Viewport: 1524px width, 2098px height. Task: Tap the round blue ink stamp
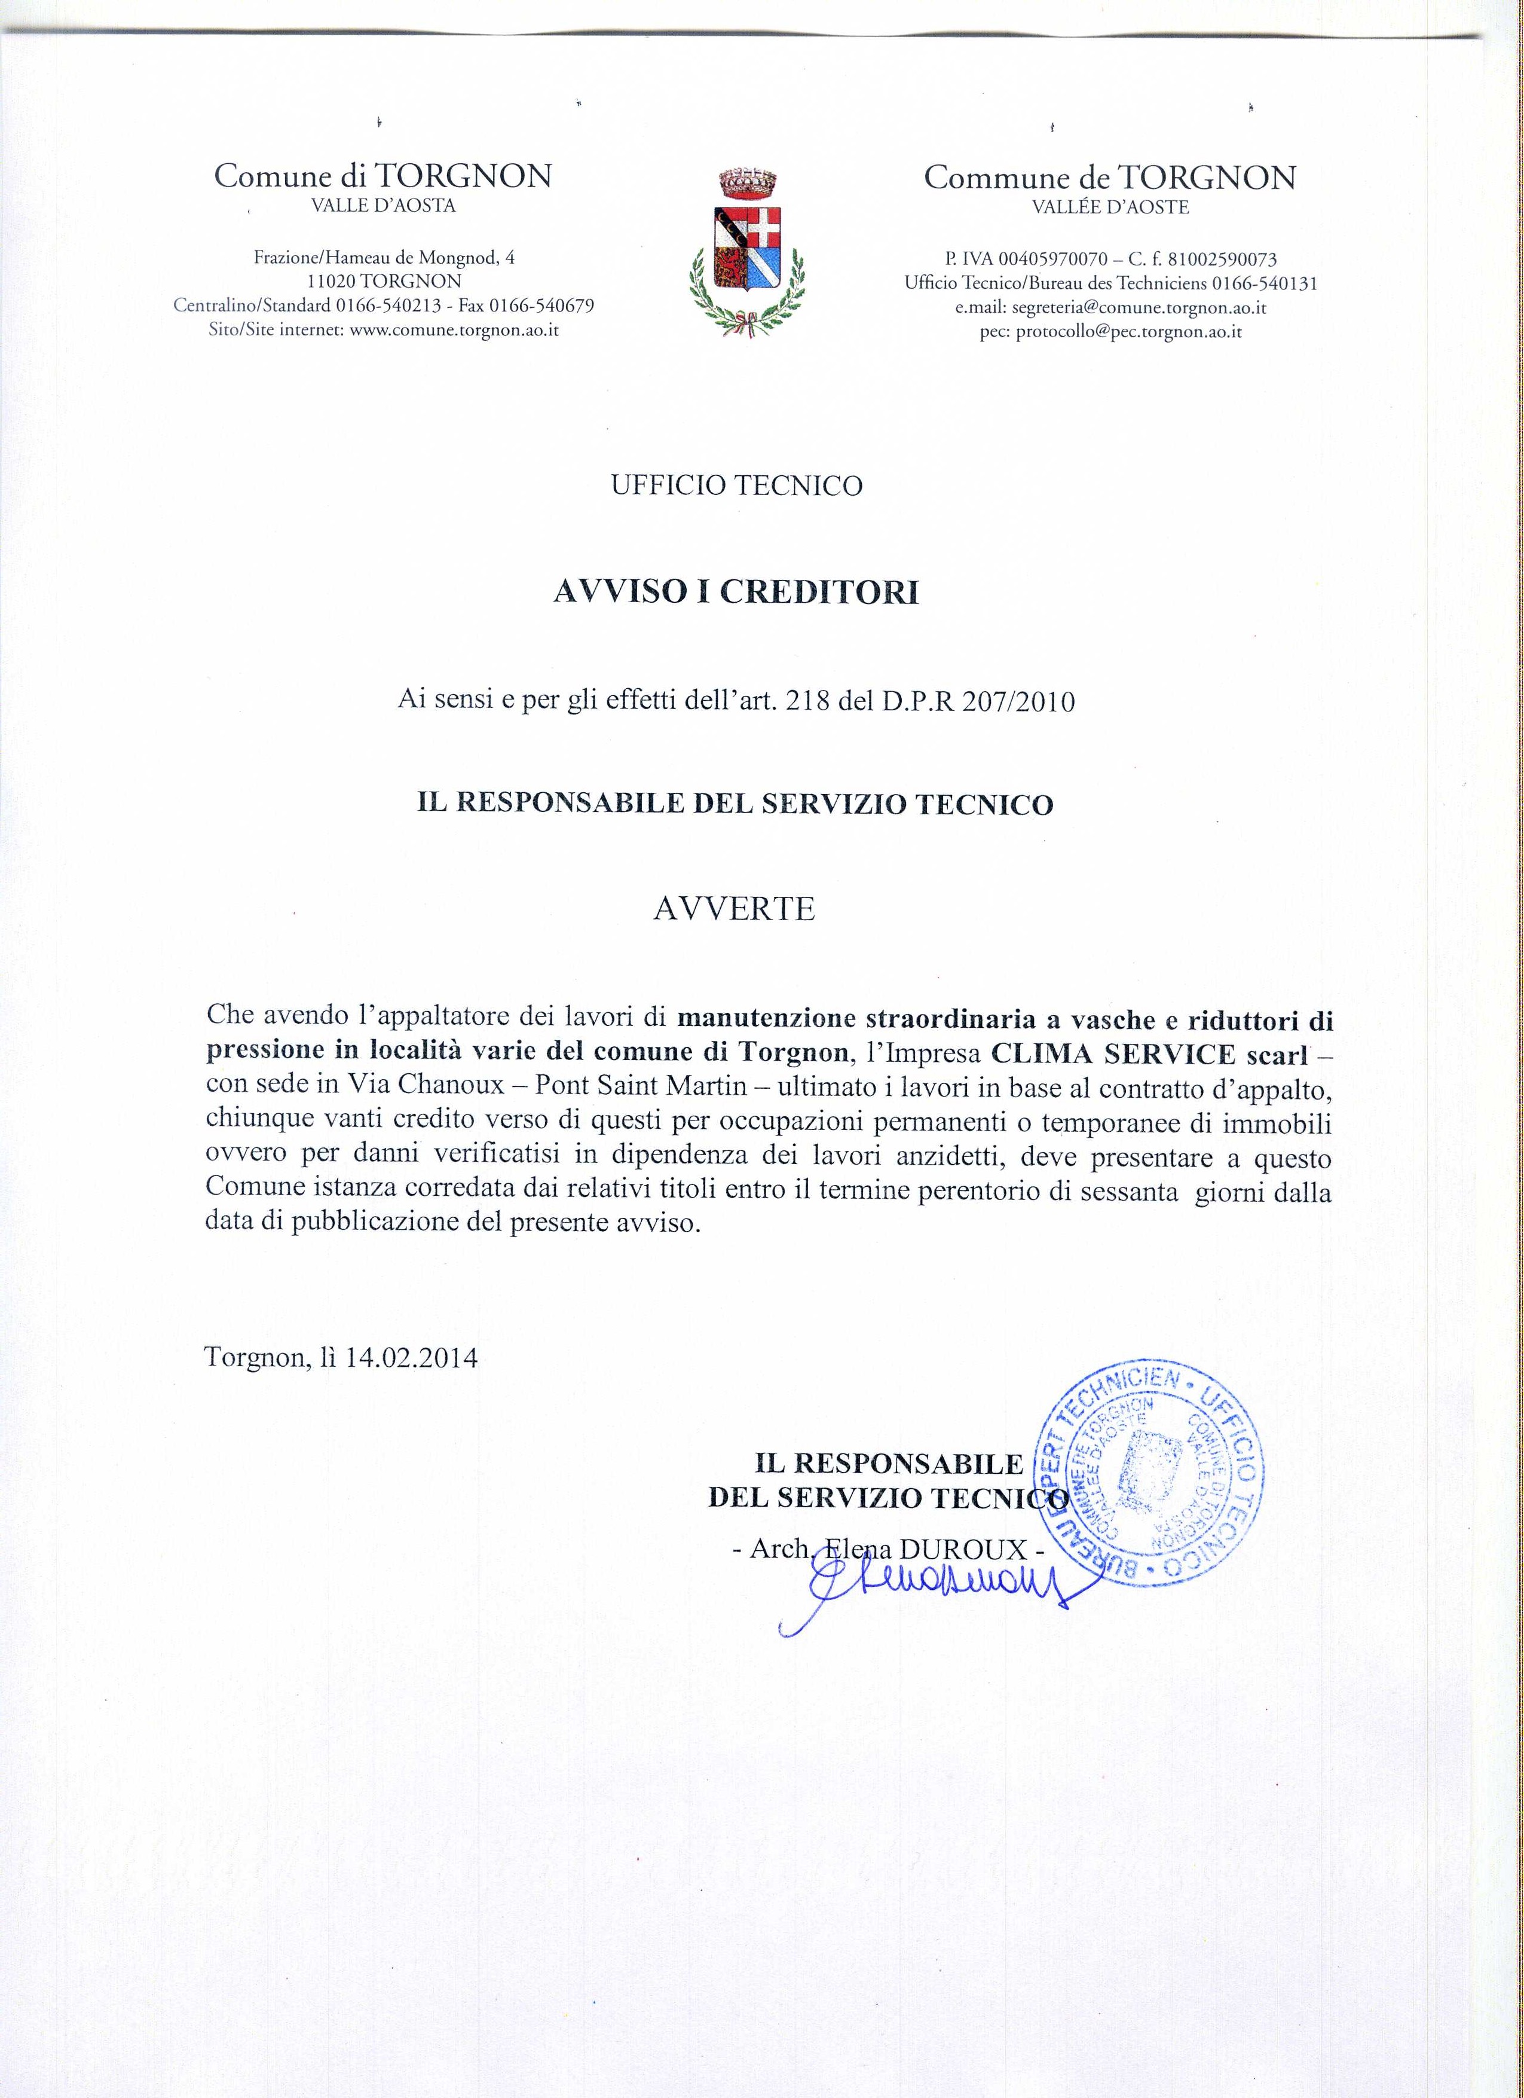(x=1153, y=1477)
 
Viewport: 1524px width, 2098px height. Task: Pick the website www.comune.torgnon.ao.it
(x=454, y=329)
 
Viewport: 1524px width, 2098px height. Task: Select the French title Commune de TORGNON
(x=1110, y=177)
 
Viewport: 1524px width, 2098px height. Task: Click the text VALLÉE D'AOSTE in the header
(x=1110, y=208)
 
